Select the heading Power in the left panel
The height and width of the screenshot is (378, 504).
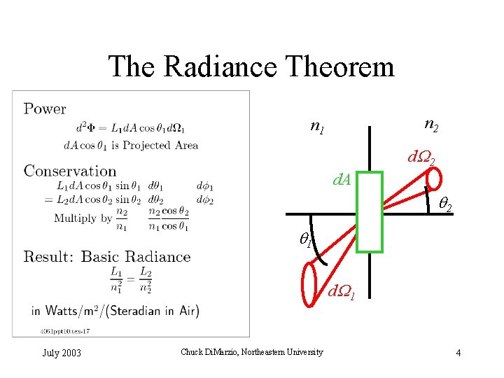45,108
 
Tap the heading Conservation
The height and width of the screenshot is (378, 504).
70,171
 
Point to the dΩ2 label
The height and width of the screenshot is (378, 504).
421,160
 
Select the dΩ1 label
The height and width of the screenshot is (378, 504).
342,291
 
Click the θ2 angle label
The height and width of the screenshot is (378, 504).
444,205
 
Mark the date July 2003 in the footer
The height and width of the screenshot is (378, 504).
62,353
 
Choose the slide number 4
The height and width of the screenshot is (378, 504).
458,353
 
